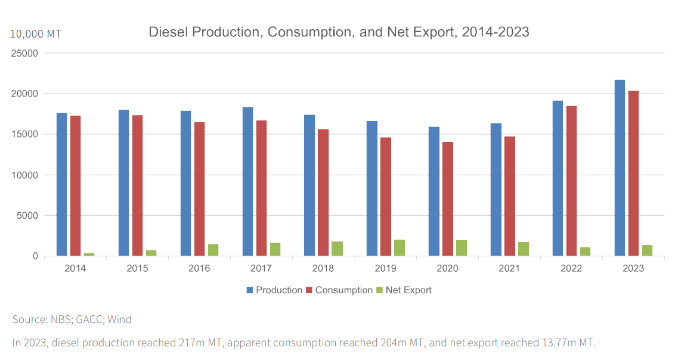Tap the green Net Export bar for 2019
coord(399,248)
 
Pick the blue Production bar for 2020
coord(434,191)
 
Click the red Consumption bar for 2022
coord(571,181)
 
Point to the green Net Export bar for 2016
coord(213,250)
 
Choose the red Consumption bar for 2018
coord(323,193)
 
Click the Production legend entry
coord(274,290)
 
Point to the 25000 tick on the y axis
coord(26,53)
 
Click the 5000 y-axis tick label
coord(28,216)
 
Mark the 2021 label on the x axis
coord(509,268)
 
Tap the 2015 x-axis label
coord(137,268)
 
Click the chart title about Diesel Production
coord(339,32)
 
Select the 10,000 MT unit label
coord(36,34)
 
